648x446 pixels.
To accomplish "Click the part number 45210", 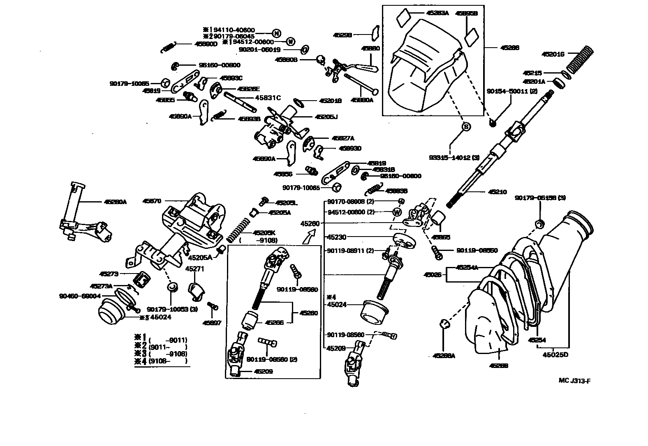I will (498, 192).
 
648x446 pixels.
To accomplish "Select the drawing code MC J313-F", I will (574, 380).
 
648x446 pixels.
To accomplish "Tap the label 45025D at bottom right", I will (555, 354).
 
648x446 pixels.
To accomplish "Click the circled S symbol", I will (466, 127).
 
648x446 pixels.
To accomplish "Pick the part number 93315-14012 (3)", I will (454, 157).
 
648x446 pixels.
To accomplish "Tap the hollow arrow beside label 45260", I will (308, 237).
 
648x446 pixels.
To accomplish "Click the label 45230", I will (336, 237).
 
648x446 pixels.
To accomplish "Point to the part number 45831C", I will (268, 98).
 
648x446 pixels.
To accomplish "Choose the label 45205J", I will (326, 117).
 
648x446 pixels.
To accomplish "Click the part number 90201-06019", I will (259, 50).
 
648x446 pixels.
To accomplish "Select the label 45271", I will (195, 269).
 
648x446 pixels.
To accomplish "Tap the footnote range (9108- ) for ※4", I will (167, 361).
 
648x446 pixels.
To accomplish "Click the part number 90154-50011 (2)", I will (512, 91).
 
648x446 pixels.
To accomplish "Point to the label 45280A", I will (115, 202).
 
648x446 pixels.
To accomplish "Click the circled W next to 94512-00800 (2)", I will (397, 212).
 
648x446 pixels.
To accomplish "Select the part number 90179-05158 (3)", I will (540, 198).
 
